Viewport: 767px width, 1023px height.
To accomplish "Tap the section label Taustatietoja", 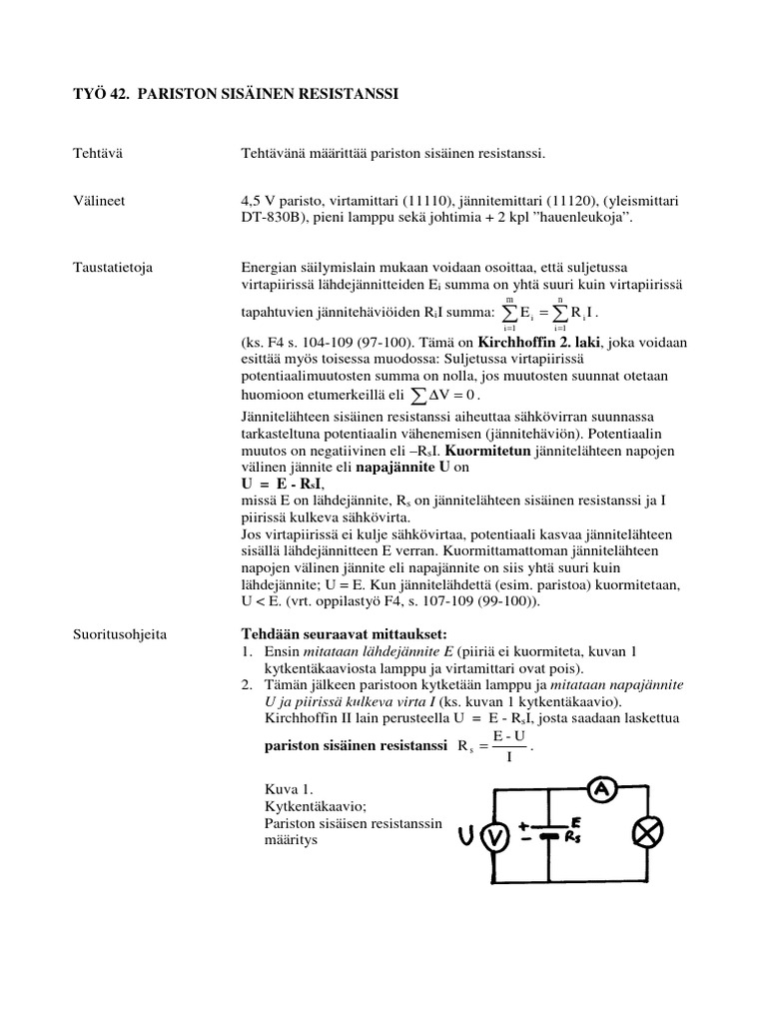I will (113, 267).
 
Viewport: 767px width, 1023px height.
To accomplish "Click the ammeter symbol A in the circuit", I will (601, 790).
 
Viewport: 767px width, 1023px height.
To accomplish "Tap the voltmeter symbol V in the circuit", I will (491, 839).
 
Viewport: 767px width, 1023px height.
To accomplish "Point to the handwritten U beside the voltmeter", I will (466, 837).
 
